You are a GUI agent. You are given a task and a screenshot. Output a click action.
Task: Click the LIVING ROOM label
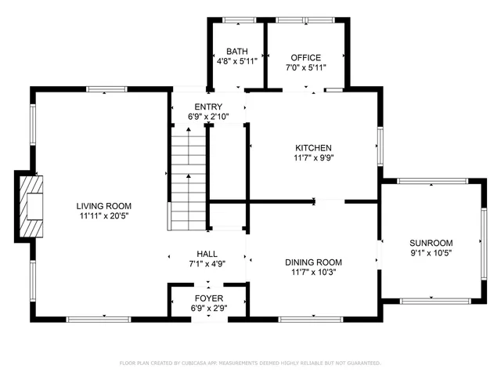tap(104, 206)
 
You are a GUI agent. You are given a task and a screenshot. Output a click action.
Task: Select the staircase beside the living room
tap(188, 180)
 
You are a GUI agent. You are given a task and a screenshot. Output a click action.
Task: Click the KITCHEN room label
tap(313, 148)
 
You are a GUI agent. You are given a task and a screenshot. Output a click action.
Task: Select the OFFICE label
tap(306, 58)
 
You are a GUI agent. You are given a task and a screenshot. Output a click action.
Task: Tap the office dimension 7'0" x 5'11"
tap(306, 67)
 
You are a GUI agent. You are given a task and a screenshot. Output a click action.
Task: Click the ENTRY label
tap(207, 107)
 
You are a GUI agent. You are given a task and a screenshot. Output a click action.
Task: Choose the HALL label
tap(207, 254)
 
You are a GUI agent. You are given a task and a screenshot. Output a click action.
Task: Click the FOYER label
tap(208, 299)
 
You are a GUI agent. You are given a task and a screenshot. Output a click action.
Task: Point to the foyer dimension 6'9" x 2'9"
tap(208, 309)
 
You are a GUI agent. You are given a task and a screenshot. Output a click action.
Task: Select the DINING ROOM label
tap(313, 262)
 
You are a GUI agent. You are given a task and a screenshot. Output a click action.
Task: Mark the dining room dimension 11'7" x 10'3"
tap(313, 272)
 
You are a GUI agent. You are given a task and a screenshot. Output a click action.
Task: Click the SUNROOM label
tap(431, 243)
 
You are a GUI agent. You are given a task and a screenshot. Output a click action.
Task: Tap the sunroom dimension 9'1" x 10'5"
tap(431, 252)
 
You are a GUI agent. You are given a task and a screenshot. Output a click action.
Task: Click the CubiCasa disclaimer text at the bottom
tap(250, 363)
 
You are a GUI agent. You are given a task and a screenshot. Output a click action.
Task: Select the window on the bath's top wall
tap(236, 19)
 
